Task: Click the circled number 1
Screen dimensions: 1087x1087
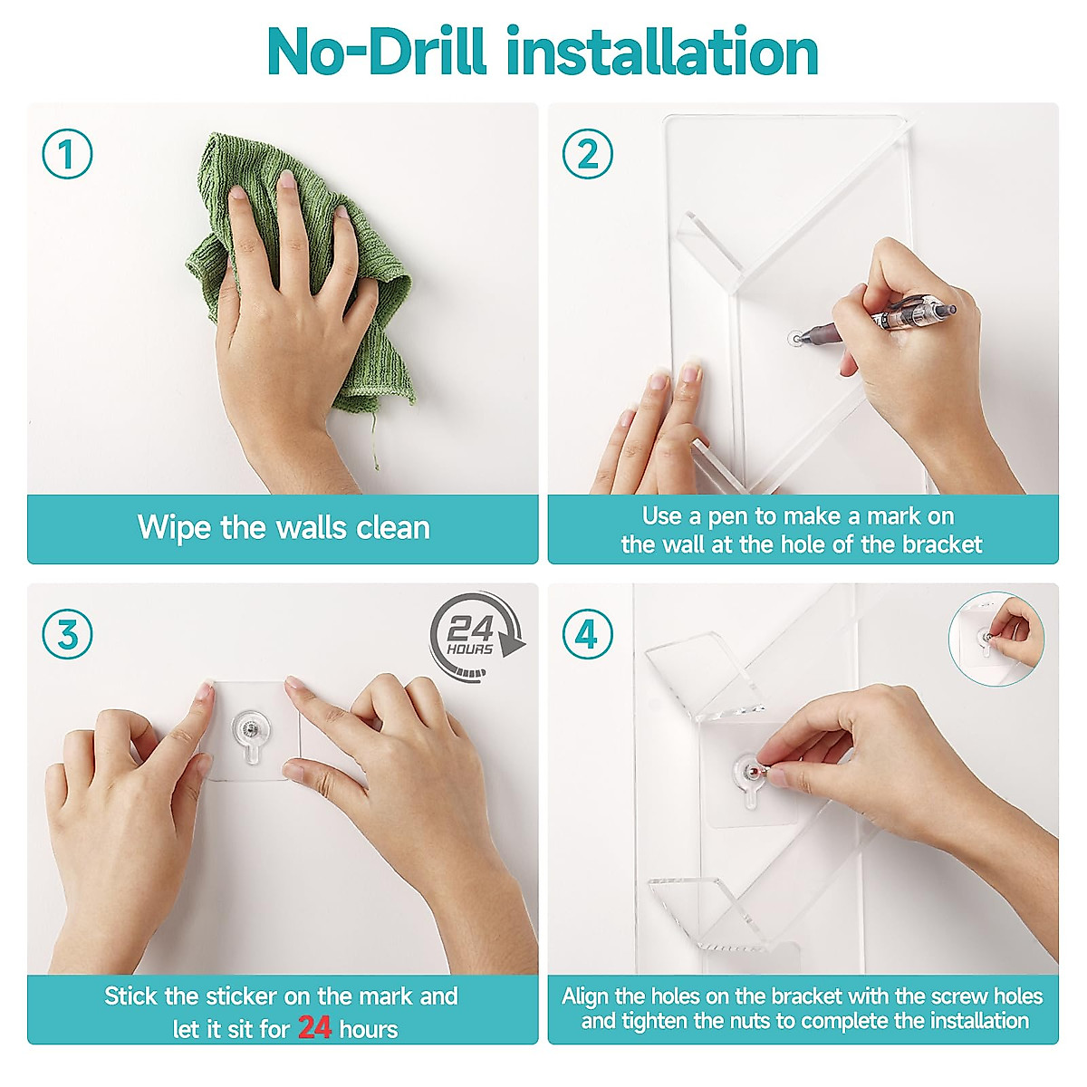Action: [67, 154]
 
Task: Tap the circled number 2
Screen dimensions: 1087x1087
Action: [587, 154]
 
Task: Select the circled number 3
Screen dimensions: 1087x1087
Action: [67, 634]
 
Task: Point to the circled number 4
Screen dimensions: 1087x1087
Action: [587, 634]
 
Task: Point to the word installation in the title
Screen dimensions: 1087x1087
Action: [662, 52]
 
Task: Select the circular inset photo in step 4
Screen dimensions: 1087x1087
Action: [996, 640]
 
